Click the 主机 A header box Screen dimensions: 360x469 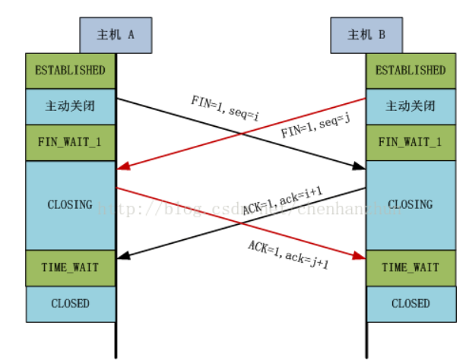116,34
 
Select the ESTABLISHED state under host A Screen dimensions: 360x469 70,71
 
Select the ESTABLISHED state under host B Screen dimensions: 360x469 411,71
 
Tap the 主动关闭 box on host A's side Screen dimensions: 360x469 70,106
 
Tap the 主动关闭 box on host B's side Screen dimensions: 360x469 411,106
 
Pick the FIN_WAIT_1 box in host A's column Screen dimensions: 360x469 70,142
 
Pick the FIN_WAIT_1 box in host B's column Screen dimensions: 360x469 411,142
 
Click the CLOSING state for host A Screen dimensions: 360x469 70,204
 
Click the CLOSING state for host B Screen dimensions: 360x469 411,204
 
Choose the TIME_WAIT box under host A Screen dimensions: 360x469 70,267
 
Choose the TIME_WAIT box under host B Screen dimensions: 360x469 411,267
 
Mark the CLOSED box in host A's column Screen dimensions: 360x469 70,303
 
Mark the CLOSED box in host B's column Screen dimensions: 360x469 411,303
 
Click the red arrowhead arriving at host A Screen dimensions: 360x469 122,166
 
